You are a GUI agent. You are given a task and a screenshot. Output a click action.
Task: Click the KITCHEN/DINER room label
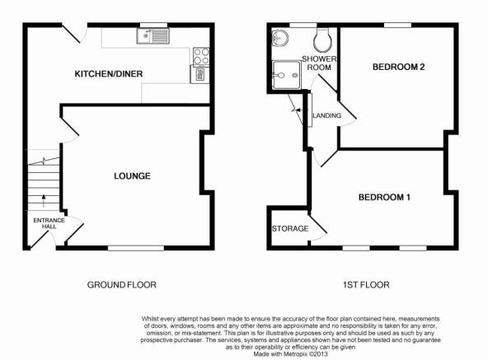(x=109, y=74)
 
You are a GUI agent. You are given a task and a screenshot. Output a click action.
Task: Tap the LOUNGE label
(x=132, y=176)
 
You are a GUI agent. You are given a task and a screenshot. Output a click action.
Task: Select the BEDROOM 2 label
(x=399, y=67)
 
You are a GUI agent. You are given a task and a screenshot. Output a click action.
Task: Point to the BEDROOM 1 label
(x=384, y=197)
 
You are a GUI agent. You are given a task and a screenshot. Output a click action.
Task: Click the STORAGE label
(x=290, y=229)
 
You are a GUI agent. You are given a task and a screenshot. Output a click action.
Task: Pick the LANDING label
(x=327, y=116)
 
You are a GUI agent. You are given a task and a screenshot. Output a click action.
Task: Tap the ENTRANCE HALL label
(x=49, y=223)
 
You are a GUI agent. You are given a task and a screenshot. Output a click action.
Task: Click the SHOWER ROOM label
(x=319, y=63)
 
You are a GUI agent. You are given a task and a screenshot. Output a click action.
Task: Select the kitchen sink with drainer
(x=152, y=35)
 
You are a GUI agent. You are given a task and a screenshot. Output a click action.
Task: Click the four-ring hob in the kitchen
(x=201, y=57)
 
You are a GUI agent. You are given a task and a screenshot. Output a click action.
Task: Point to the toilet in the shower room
(x=322, y=40)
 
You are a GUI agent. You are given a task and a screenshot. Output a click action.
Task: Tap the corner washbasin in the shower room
(x=280, y=37)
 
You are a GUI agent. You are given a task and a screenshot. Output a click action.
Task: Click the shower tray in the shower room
(x=287, y=75)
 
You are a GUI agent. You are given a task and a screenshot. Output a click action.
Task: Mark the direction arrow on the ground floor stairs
(x=44, y=201)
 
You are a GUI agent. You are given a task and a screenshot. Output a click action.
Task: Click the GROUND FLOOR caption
(x=122, y=285)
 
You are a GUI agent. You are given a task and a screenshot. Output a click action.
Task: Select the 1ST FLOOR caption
(x=366, y=285)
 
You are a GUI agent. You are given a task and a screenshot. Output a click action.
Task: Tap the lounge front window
(x=136, y=248)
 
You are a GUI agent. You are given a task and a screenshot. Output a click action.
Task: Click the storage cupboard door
(x=317, y=225)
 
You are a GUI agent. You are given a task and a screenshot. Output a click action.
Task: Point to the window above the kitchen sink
(x=153, y=26)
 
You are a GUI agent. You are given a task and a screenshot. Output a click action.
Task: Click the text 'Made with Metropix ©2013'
(x=290, y=354)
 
